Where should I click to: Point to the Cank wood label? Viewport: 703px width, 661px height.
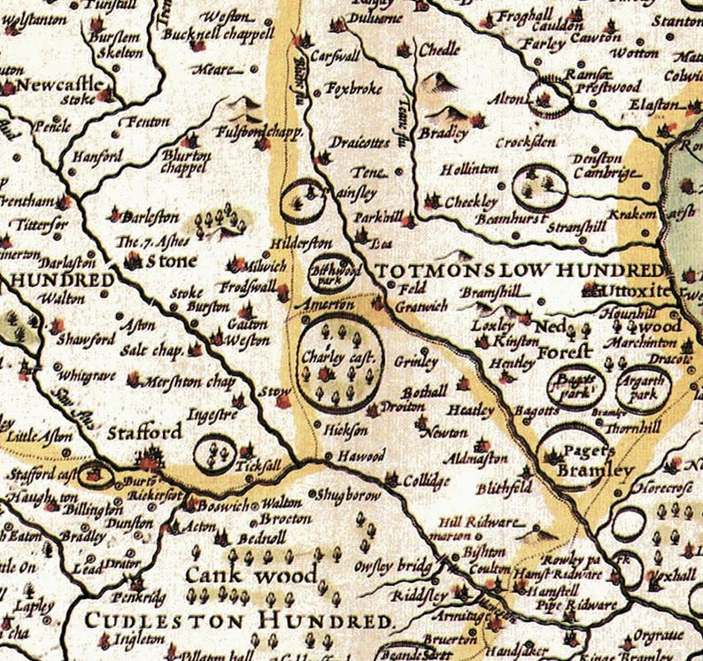point(250,576)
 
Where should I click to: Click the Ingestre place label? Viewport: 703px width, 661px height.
point(212,412)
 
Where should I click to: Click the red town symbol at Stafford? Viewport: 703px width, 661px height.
point(149,457)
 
